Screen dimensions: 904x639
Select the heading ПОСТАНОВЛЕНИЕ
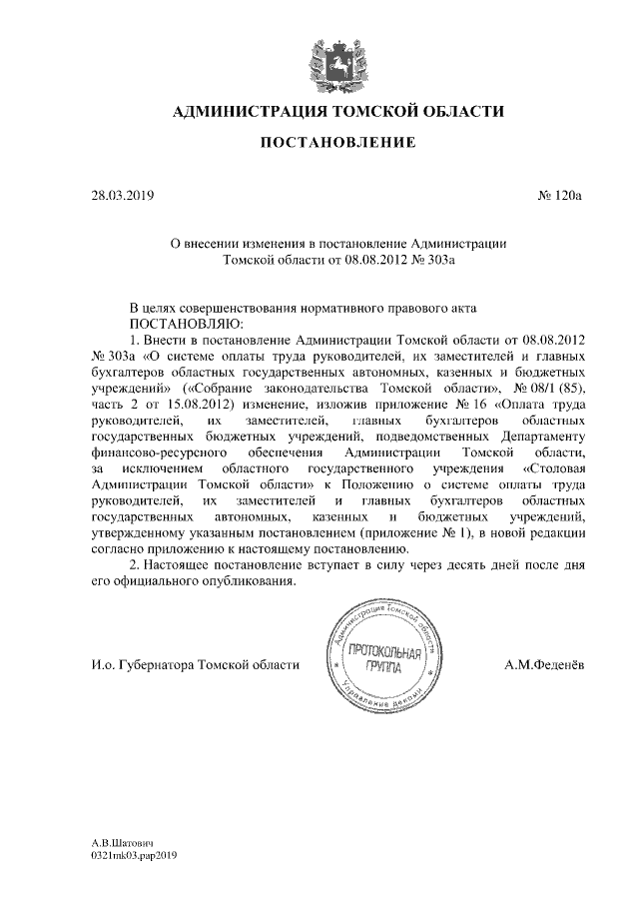[337, 144]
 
